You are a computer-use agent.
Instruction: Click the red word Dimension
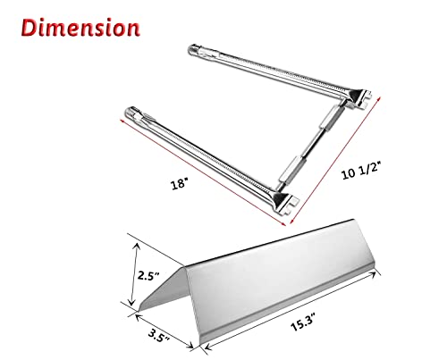click(x=80, y=28)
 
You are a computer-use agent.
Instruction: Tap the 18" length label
click(x=180, y=184)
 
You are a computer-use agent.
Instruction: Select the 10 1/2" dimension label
click(x=361, y=171)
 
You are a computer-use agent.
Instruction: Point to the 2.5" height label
click(x=148, y=276)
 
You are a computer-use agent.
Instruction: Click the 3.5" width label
click(x=159, y=334)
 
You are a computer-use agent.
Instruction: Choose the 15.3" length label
click(x=303, y=323)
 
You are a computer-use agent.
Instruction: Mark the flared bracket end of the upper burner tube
click(x=360, y=98)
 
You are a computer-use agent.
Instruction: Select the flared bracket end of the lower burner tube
click(x=285, y=203)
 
